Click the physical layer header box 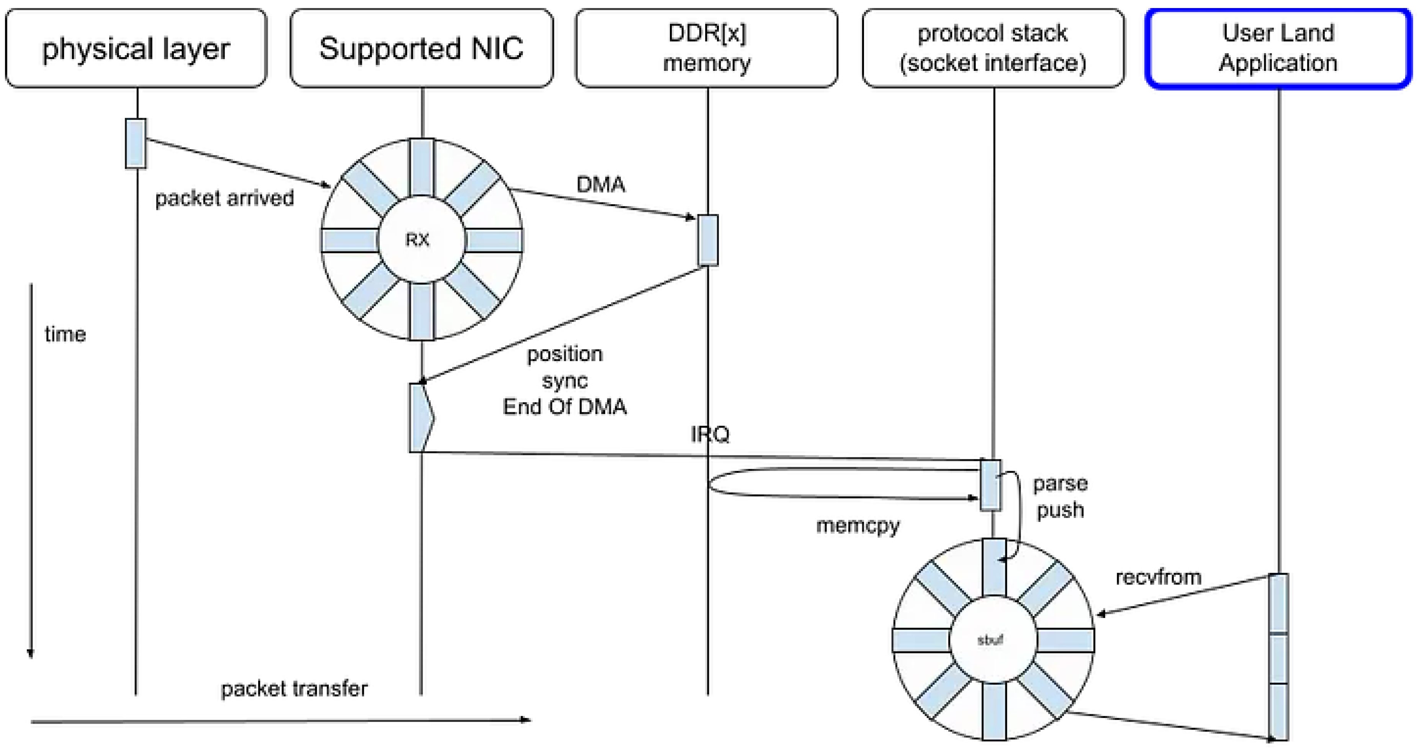click(x=136, y=48)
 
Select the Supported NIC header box click(x=421, y=48)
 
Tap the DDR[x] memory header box click(x=707, y=48)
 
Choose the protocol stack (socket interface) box click(x=993, y=48)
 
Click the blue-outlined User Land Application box click(x=1278, y=48)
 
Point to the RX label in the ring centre click(x=417, y=240)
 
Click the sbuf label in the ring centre click(x=990, y=640)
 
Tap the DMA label click(x=601, y=184)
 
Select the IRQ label click(x=710, y=434)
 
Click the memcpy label click(x=858, y=526)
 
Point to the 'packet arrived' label click(x=224, y=198)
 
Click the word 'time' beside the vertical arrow click(x=65, y=334)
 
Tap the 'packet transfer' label click(x=294, y=688)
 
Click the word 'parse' click(x=1060, y=484)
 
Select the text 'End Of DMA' click(x=565, y=407)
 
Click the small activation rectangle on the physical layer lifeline click(x=136, y=143)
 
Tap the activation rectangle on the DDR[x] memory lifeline click(x=708, y=240)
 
